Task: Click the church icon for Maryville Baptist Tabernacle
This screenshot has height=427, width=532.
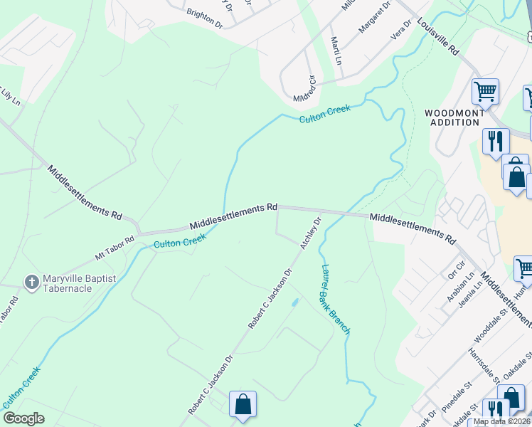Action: click(31, 283)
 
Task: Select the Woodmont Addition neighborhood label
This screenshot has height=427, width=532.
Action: click(454, 117)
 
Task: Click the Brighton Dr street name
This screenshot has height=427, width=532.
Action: click(204, 18)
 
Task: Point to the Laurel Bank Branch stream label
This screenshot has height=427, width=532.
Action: click(335, 300)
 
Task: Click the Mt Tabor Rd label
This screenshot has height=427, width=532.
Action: click(115, 249)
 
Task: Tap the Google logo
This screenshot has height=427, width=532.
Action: click(23, 418)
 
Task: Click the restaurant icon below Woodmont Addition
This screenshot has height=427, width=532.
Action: click(495, 140)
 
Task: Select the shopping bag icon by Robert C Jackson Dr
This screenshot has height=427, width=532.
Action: click(243, 404)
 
